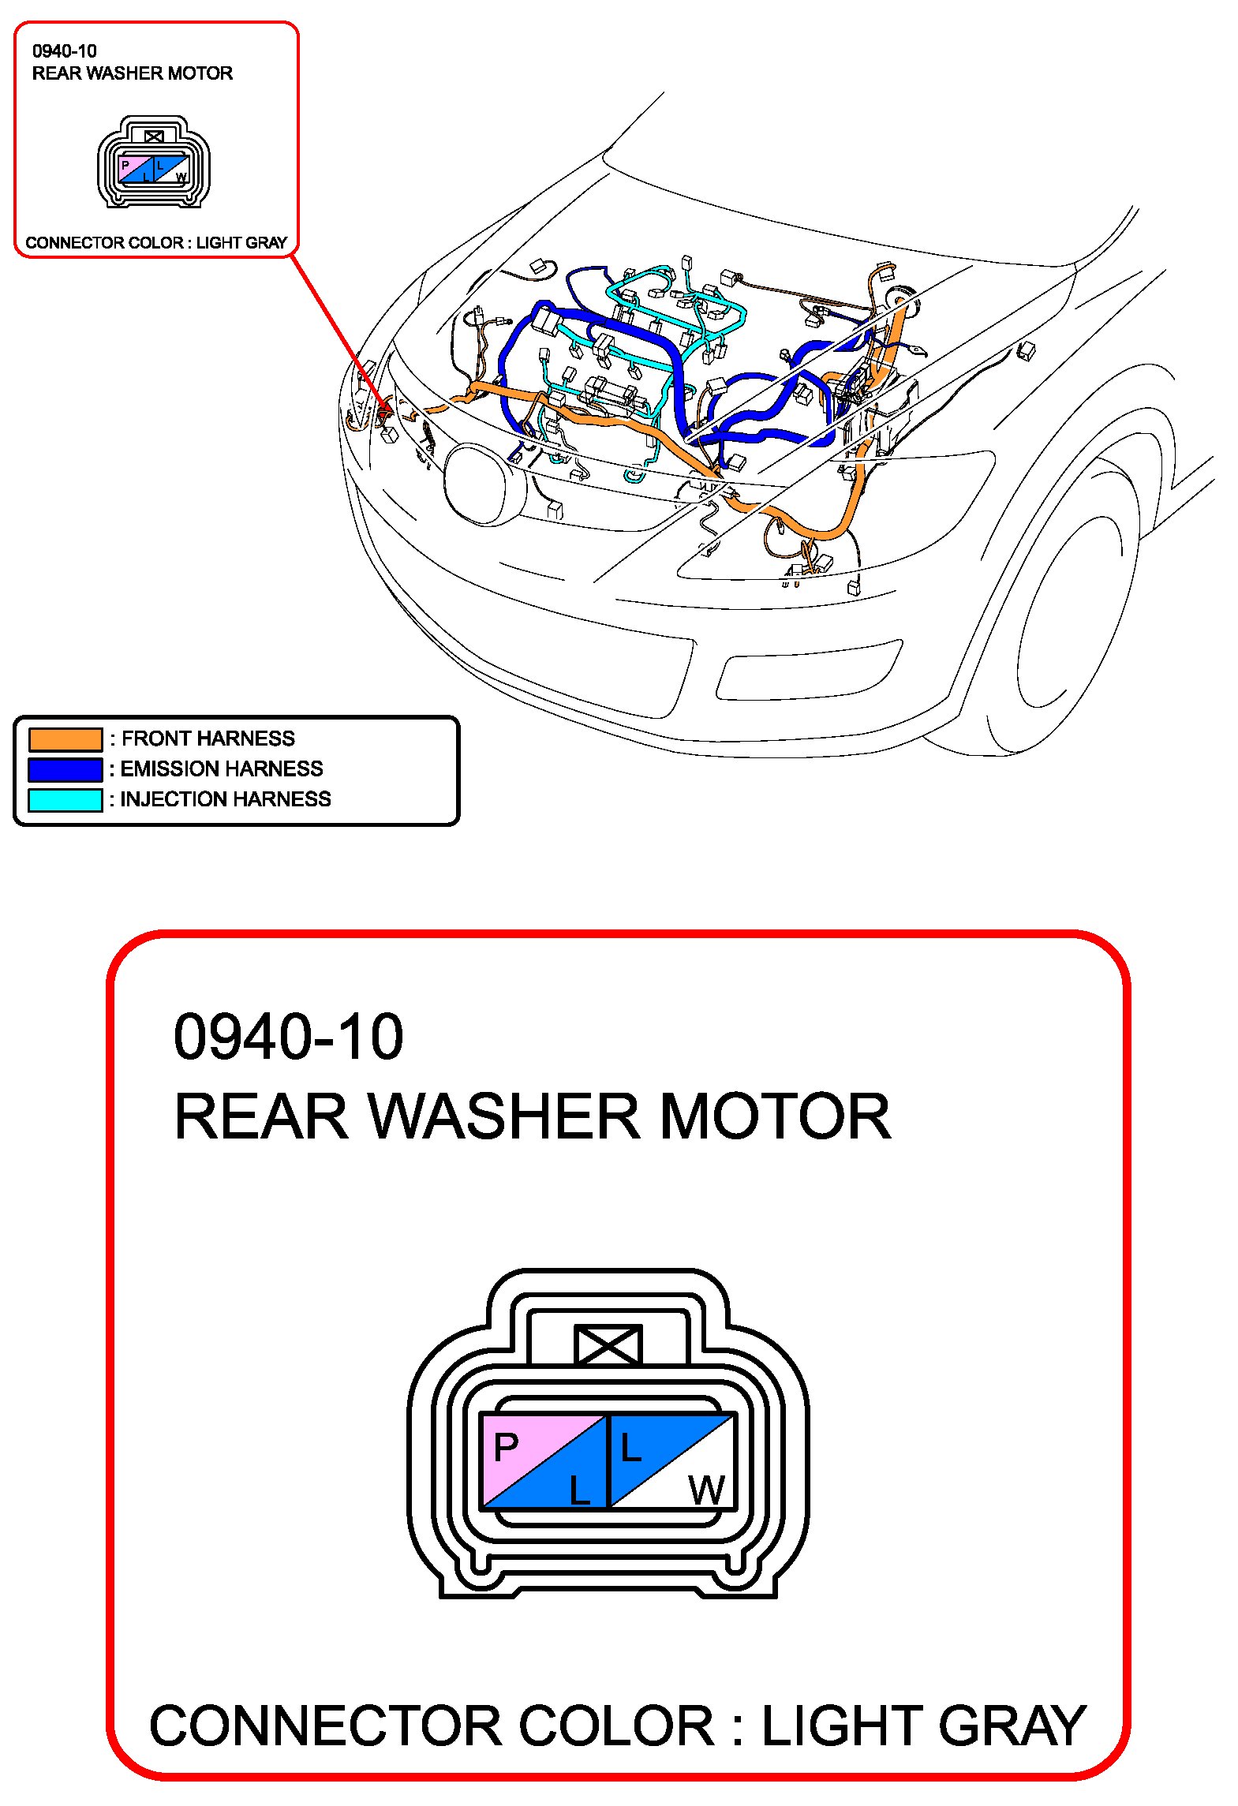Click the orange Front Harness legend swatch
point(65,739)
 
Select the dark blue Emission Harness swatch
point(65,769)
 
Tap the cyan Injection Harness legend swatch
point(65,799)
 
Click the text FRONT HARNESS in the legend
point(208,738)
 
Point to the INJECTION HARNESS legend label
point(225,799)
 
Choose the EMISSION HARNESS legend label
point(221,768)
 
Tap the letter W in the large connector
point(706,1490)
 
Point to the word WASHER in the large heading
point(505,1117)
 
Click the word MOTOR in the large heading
point(775,1117)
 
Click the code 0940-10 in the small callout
point(65,51)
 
